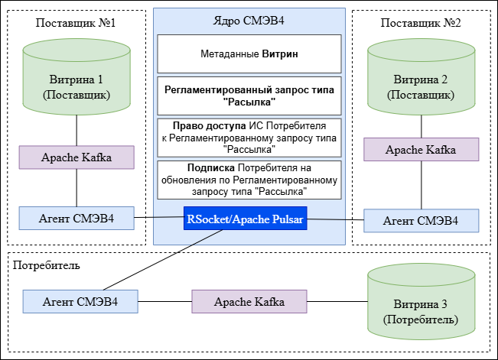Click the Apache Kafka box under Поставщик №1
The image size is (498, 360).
pyautogui.click(x=76, y=157)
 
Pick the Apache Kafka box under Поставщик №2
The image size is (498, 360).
pyautogui.click(x=420, y=149)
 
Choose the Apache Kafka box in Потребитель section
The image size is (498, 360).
pyautogui.click(x=249, y=301)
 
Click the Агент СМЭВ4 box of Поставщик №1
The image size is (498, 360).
pyautogui.click(x=76, y=218)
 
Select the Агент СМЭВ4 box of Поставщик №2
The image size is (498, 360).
pyautogui.click(x=420, y=220)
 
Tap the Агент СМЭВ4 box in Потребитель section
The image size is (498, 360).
pyautogui.click(x=80, y=301)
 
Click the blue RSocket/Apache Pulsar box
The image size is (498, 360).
pyautogui.click(x=244, y=219)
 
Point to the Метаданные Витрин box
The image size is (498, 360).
pyautogui.click(x=249, y=54)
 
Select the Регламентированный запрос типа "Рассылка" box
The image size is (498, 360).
pyautogui.click(x=249, y=96)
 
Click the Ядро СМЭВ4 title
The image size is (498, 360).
pyautogui.click(x=249, y=21)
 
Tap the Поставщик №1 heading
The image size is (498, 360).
pyautogui.click(x=76, y=22)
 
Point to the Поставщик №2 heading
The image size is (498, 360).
pyautogui.click(x=420, y=22)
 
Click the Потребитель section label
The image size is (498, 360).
pyautogui.click(x=47, y=265)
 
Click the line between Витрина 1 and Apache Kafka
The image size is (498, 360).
pyautogui.click(x=76, y=131)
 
